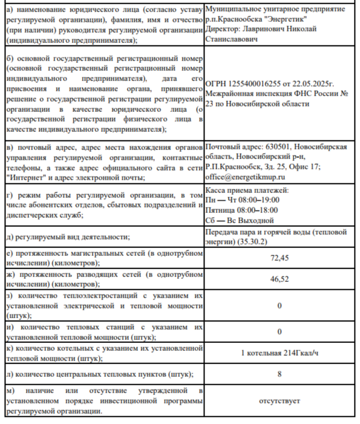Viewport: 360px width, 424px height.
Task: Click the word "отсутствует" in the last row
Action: pyautogui.click(x=280, y=400)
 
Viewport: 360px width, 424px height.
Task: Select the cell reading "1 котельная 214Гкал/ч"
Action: pyautogui.click(x=280, y=353)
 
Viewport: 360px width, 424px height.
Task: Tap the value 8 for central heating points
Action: pyautogui.click(x=280, y=374)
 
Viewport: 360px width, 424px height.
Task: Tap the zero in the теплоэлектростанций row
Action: pyautogui.click(x=280, y=306)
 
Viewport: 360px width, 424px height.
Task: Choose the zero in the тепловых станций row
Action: pyautogui.click(x=280, y=331)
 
